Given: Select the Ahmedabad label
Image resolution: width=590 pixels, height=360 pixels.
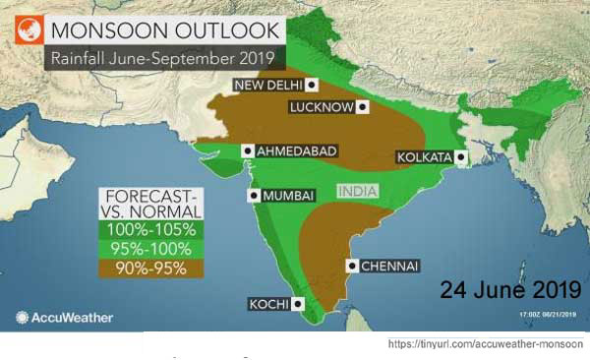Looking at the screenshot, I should click(296, 150).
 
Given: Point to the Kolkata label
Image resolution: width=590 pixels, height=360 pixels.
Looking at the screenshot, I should click(423, 157).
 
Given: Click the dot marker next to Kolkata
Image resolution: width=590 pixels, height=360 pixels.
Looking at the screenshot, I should click(460, 157).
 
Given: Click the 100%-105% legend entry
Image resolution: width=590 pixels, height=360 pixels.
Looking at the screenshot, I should click(152, 228).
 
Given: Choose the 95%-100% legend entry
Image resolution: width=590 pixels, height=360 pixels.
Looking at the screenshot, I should click(152, 248).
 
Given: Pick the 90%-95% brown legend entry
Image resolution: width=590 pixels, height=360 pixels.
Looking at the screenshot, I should click(152, 268).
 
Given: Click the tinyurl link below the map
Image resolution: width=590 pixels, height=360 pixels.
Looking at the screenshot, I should click(486, 345).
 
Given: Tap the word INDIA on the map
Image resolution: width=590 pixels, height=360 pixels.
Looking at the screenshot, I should click(358, 190).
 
